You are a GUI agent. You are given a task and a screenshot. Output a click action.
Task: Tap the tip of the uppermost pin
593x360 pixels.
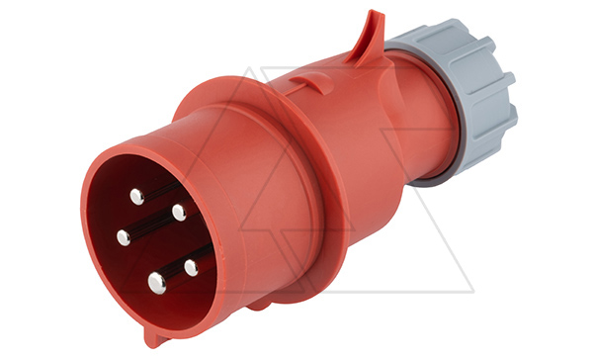(137, 196)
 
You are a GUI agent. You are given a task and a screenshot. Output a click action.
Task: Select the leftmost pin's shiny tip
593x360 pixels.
(124, 237)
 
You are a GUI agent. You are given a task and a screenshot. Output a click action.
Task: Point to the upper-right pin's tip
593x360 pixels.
(179, 212)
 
